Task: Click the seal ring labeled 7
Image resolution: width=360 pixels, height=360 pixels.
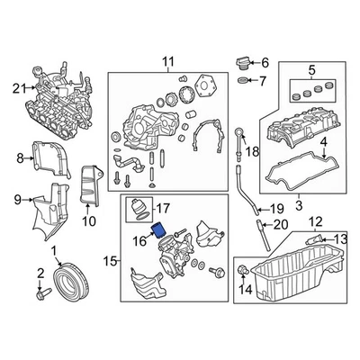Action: (x=241, y=83)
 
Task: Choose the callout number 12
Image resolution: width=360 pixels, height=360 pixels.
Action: (x=314, y=221)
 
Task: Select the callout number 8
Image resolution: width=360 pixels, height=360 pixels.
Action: (x=19, y=159)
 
